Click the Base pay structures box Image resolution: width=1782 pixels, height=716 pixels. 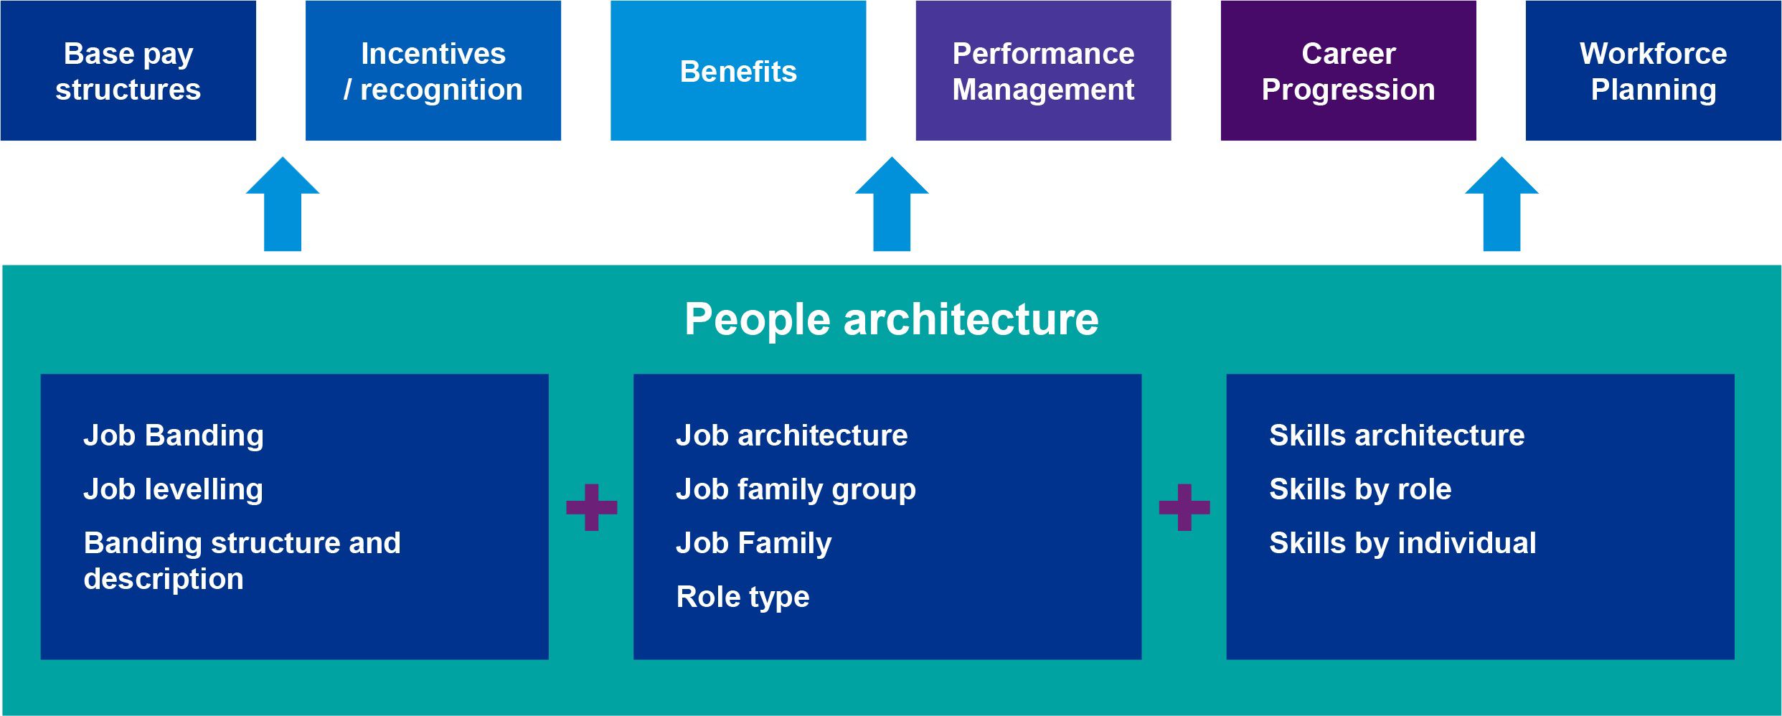[x=128, y=70]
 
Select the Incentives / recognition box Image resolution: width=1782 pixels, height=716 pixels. [x=433, y=70]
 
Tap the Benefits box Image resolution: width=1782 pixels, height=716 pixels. [x=738, y=70]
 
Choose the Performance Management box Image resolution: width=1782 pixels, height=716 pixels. [x=1043, y=70]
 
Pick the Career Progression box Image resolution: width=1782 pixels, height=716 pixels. [x=1348, y=70]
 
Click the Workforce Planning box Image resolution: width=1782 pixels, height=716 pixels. [x=1653, y=70]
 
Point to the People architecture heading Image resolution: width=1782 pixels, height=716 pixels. [x=891, y=319]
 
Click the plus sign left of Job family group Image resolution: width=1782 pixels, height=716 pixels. [x=592, y=507]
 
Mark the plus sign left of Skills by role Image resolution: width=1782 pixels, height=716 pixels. [x=1184, y=507]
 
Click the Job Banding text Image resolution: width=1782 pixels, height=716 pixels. [x=174, y=435]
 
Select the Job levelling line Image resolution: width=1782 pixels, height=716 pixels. [x=174, y=489]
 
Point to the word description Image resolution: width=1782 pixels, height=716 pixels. [x=164, y=579]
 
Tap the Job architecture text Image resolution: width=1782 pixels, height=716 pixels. [x=792, y=435]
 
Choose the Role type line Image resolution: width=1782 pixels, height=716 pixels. [x=742, y=597]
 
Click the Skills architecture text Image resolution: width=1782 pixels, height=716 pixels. [x=1397, y=435]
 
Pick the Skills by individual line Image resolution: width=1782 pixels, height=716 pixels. [x=1402, y=543]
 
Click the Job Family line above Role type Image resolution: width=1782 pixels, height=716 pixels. [x=754, y=543]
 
